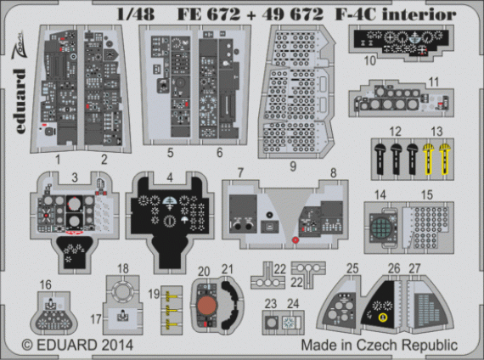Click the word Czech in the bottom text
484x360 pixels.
click(x=378, y=346)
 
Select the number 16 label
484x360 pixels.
click(x=45, y=284)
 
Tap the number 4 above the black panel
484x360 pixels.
click(x=171, y=178)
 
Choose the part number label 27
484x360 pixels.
click(x=414, y=269)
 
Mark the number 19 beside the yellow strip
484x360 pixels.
click(x=154, y=293)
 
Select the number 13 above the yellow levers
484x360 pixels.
click(x=436, y=130)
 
